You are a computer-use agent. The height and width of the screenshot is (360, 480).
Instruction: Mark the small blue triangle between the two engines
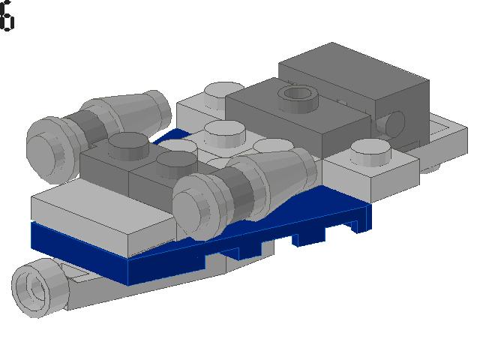click(177, 136)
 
